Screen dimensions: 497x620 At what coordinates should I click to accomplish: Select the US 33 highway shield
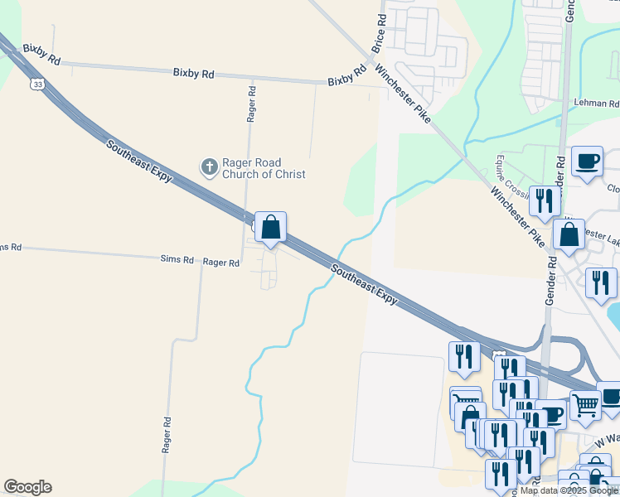(36, 84)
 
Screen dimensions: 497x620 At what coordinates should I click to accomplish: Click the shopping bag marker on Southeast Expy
(270, 227)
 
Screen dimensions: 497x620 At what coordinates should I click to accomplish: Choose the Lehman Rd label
(597, 104)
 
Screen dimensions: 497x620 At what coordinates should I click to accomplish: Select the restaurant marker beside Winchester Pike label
(545, 200)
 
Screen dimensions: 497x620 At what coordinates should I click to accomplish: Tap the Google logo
(27, 487)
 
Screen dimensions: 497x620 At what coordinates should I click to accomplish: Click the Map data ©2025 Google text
(569, 491)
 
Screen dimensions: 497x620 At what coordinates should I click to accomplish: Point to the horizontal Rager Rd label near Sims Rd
(221, 263)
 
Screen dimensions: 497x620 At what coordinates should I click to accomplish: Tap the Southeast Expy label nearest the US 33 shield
(138, 157)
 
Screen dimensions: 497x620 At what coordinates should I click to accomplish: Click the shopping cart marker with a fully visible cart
(585, 404)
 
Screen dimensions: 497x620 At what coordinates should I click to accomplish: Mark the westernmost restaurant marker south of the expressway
(463, 356)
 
